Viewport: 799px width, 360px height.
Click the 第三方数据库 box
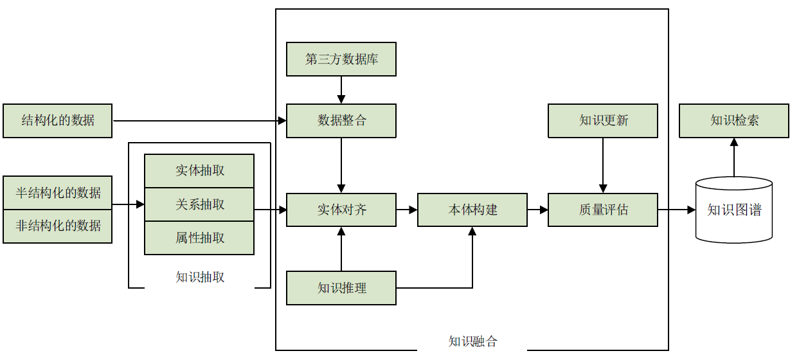(341, 59)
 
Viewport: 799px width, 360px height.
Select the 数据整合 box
(341, 120)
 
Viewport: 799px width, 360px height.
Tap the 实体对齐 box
(341, 210)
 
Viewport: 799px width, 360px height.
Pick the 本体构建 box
(472, 210)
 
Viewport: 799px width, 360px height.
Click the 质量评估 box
(603, 210)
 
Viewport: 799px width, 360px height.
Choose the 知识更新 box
(603, 120)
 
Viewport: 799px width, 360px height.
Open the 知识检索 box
(734, 120)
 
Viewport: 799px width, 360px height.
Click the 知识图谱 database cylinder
(734, 210)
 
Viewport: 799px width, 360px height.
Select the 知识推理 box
(341, 287)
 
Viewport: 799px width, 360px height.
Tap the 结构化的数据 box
(57, 120)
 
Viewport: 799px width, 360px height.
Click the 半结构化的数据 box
(57, 193)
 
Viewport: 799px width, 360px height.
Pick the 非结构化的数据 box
(57, 226)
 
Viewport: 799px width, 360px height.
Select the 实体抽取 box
(199, 171)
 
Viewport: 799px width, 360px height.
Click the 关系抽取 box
(199, 204)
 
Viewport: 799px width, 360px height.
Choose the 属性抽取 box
(199, 238)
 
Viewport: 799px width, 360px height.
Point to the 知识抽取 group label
(200, 277)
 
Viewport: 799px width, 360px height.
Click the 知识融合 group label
(472, 341)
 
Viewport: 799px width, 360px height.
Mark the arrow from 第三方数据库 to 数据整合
(341, 90)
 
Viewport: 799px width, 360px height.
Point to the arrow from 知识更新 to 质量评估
(603, 165)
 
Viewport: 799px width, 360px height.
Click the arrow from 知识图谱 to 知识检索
(734, 157)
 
